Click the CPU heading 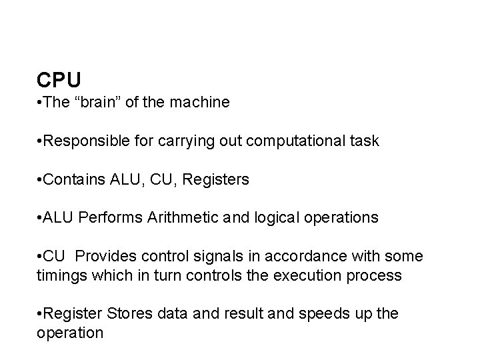tap(59, 80)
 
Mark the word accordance tap(301, 257)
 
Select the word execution tap(289, 275)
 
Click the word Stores tap(118, 314)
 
